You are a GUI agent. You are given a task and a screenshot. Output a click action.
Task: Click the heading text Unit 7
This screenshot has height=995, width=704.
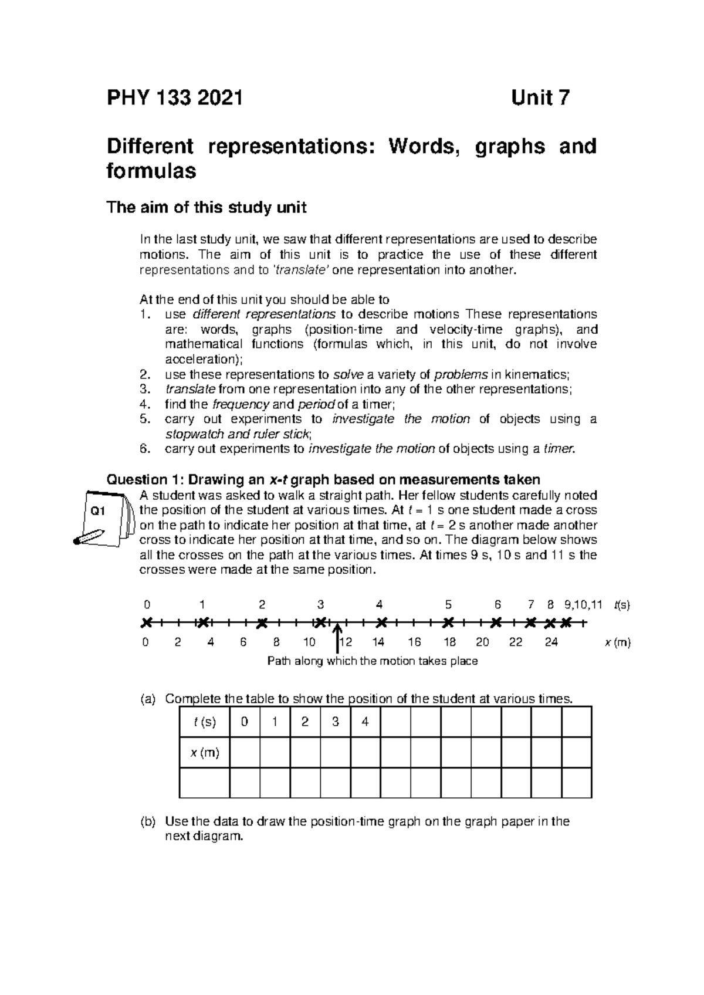(x=540, y=98)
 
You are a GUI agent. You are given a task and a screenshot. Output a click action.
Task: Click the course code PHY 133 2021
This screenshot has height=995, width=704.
(x=174, y=98)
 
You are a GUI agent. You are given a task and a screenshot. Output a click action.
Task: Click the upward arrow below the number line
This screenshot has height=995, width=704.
(x=338, y=638)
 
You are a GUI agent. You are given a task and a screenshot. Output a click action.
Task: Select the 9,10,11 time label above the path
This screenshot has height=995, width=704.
(x=583, y=604)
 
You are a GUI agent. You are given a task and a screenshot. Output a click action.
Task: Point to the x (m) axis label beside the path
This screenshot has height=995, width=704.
(x=617, y=642)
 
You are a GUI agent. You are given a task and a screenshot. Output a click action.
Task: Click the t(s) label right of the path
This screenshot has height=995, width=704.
(x=621, y=605)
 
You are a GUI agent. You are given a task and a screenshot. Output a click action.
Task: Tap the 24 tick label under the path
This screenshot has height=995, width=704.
(x=551, y=642)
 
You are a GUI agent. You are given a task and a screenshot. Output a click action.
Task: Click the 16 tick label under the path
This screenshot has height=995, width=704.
(x=414, y=642)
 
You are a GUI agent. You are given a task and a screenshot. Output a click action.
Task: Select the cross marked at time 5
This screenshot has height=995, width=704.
(x=448, y=622)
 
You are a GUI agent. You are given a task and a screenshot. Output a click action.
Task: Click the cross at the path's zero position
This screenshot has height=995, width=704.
(x=146, y=622)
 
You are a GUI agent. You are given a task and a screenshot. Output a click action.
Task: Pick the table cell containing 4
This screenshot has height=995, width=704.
(x=365, y=722)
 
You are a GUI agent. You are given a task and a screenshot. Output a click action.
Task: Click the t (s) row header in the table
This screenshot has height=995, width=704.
(x=204, y=722)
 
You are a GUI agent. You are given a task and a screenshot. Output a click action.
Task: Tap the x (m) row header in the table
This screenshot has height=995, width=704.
(x=204, y=753)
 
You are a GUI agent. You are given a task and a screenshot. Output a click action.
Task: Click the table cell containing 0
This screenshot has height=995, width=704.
(x=244, y=722)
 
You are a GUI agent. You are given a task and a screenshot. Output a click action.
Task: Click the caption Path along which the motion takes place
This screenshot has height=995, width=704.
(x=373, y=661)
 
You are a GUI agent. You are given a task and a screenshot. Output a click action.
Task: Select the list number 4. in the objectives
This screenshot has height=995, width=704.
(x=145, y=404)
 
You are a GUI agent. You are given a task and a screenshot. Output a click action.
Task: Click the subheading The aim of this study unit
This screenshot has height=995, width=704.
(x=206, y=208)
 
